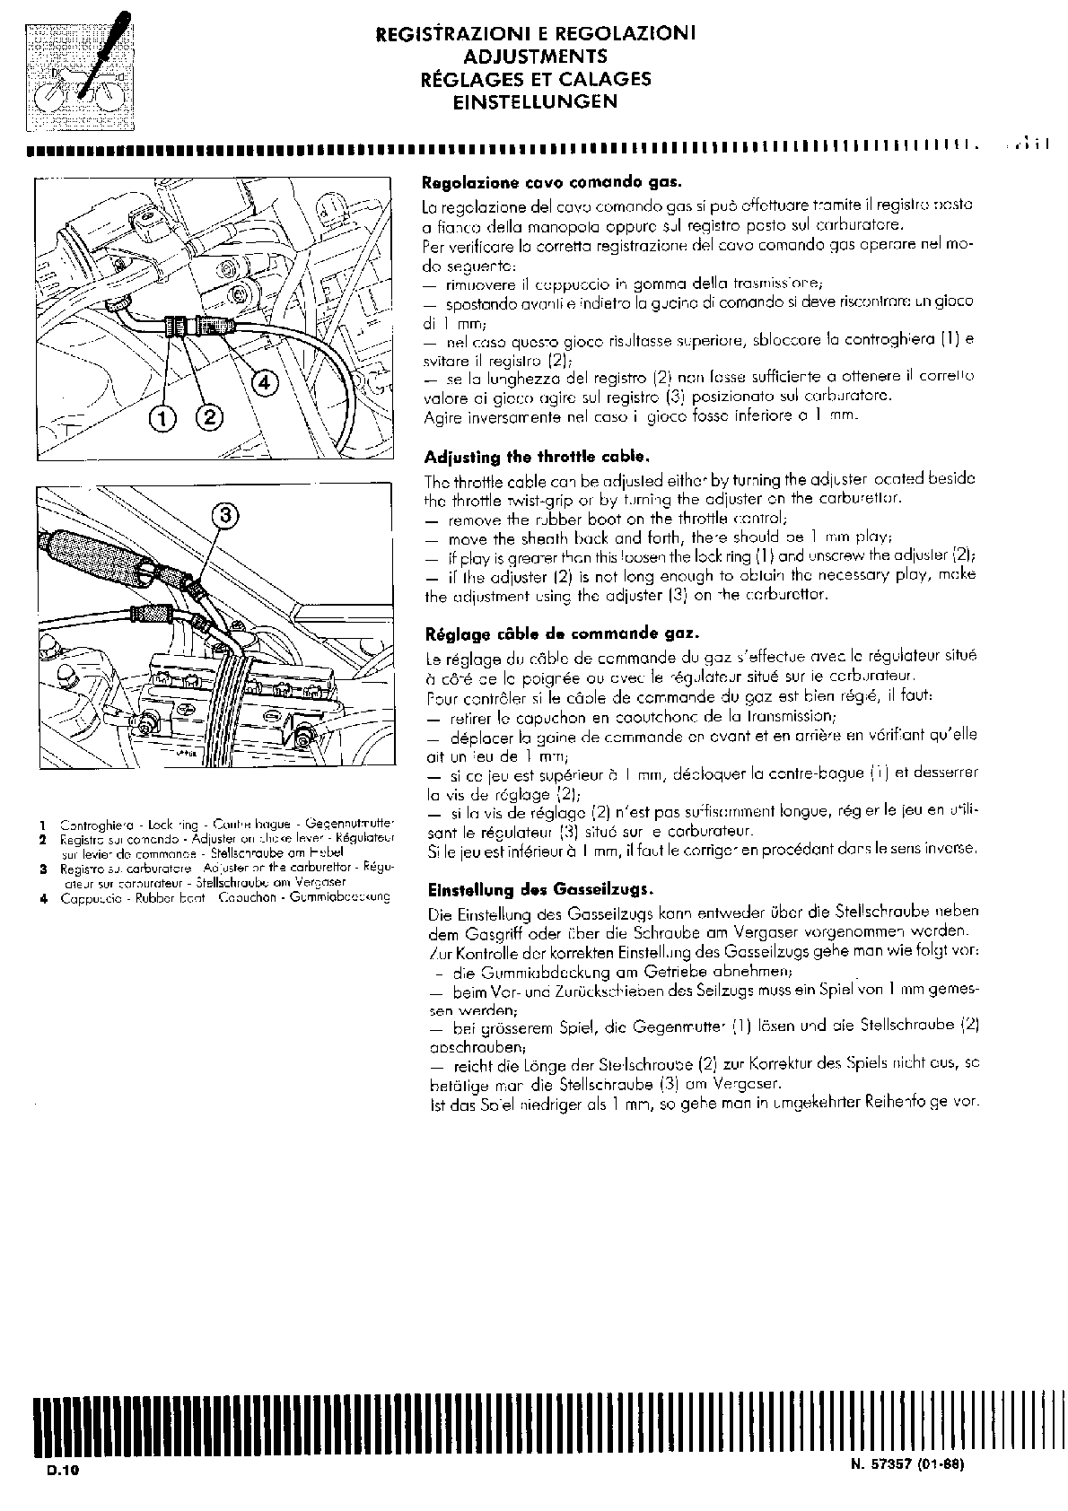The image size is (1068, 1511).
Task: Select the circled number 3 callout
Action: click(226, 515)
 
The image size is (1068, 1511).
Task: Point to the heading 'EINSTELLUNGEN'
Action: click(536, 101)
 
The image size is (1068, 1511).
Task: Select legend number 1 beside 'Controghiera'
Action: click(42, 823)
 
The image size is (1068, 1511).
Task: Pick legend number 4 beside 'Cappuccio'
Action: click(42, 896)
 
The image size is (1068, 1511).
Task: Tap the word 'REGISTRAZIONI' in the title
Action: click(454, 34)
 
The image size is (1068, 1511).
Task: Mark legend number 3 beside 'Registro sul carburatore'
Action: click(42, 869)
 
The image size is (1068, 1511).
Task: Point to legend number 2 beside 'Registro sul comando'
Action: click(42, 838)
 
